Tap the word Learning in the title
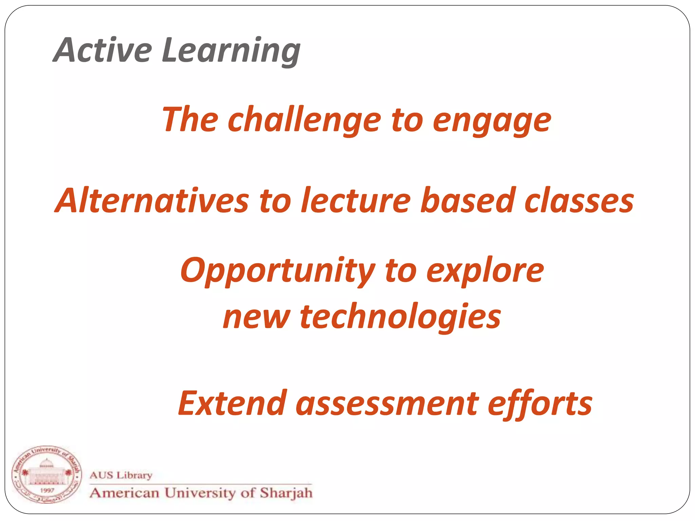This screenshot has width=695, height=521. (231, 51)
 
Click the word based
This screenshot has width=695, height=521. (468, 201)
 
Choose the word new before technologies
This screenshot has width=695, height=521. (256, 317)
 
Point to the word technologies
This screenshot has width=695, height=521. (400, 317)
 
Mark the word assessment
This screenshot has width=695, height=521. (387, 404)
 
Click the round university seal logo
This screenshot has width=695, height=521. (46, 475)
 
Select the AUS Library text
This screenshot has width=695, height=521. (121, 475)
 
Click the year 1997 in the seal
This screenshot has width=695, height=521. (47, 490)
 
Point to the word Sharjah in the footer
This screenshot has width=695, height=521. (286, 493)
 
